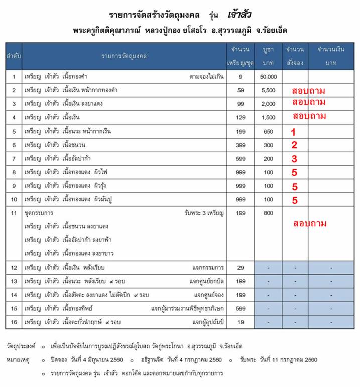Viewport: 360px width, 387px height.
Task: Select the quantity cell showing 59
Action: pyautogui.click(x=241, y=90)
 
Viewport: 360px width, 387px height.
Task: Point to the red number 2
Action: pyautogui.click(x=295, y=146)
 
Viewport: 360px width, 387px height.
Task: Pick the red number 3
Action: pyautogui.click(x=295, y=159)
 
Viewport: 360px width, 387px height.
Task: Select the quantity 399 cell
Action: pyautogui.click(x=241, y=145)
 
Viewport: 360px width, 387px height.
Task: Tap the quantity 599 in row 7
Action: pyautogui.click(x=241, y=159)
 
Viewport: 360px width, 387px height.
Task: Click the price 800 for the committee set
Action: pyautogui.click(x=268, y=213)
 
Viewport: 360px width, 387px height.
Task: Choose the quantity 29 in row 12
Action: pyautogui.click(x=241, y=268)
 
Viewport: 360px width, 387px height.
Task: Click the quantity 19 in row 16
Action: pyautogui.click(x=241, y=322)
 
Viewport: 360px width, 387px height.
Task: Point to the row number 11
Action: pyautogui.click(x=14, y=213)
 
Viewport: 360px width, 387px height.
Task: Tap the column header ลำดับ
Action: pyautogui.click(x=14, y=54)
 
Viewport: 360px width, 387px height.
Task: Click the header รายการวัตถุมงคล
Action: pyautogui.click(x=124, y=54)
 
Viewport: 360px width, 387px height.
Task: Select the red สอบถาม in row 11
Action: pyautogui.click(x=310, y=223)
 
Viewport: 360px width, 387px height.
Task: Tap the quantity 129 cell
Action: pyautogui.click(x=241, y=117)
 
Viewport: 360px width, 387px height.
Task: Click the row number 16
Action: pyautogui.click(x=14, y=322)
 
